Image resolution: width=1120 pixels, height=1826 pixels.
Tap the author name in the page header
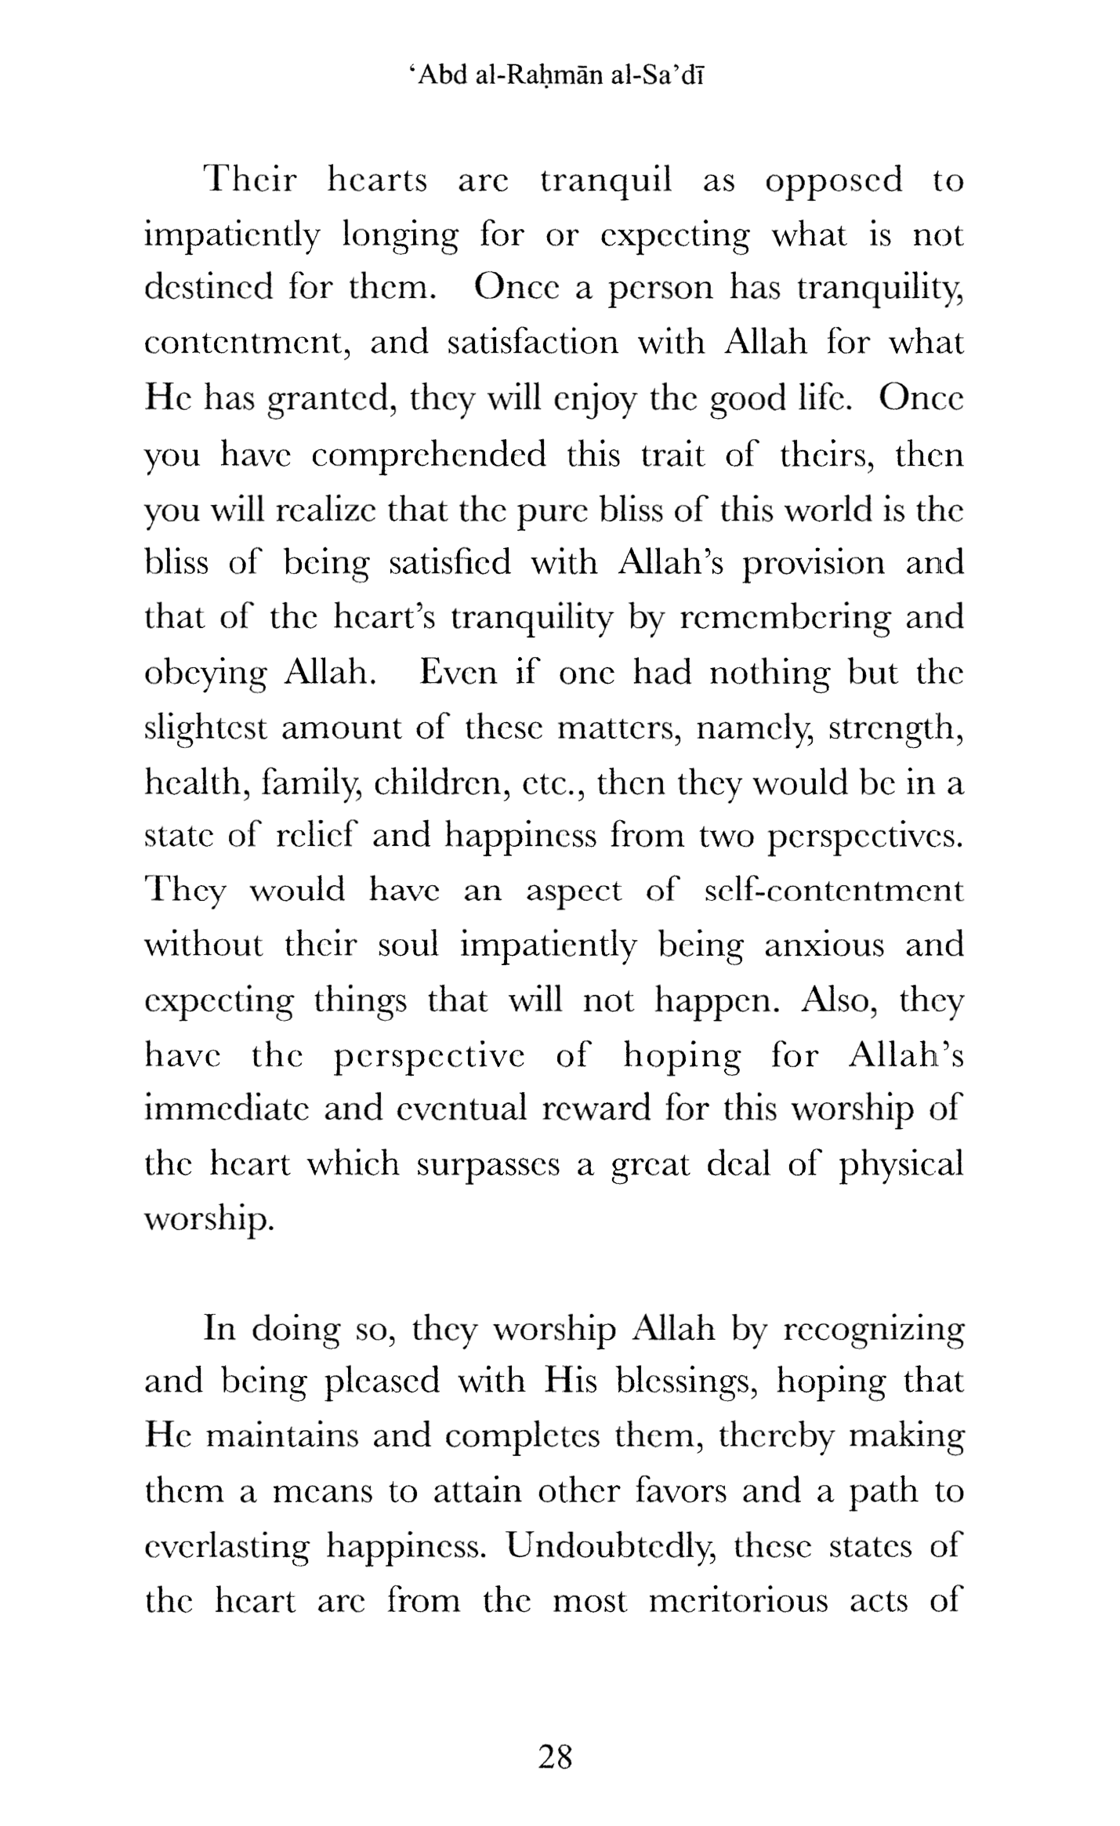(556, 76)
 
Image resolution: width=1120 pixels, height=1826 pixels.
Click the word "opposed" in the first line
(833, 182)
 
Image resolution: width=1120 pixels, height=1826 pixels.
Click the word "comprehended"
(429, 455)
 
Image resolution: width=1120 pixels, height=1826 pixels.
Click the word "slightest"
(205, 728)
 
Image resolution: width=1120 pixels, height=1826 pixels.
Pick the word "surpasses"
(488, 1163)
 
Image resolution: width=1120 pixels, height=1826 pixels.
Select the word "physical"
(901, 1165)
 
